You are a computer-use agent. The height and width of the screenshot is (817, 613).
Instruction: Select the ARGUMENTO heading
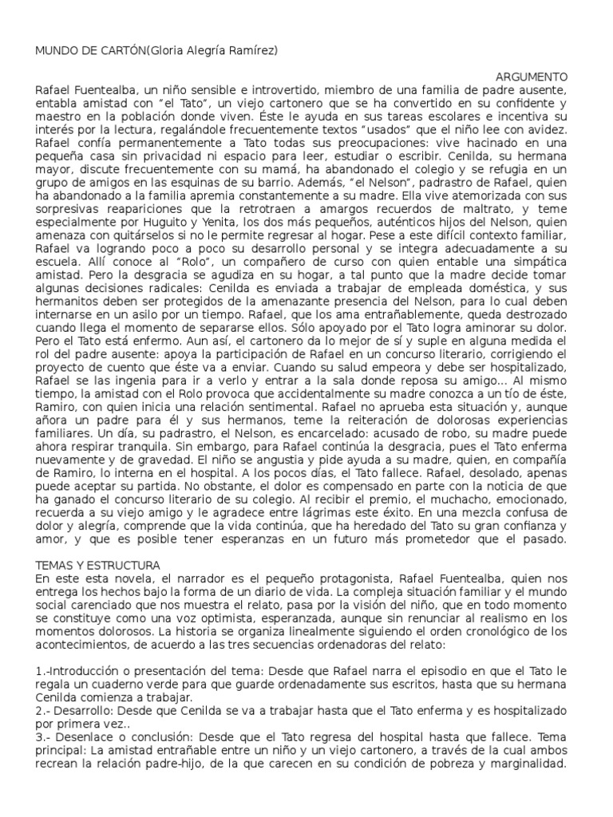tap(532, 77)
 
